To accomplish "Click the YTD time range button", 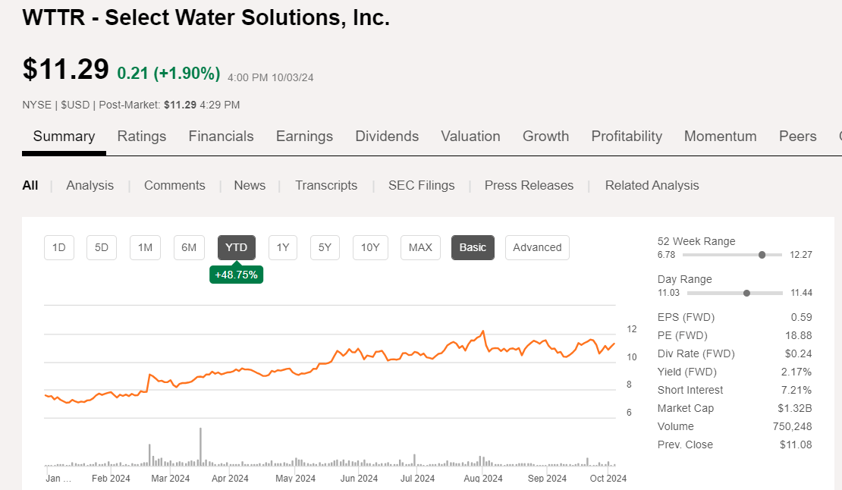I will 237,247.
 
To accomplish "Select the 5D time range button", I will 102,247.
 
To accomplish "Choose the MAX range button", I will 420,247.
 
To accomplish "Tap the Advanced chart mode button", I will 537,247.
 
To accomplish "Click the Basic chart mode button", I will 473,247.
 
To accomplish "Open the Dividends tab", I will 387,137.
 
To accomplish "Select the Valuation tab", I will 470,137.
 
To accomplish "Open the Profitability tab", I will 627,137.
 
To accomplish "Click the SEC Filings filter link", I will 421,185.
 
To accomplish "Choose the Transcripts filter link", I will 326,185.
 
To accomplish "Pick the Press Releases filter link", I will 529,185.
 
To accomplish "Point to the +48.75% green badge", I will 236,275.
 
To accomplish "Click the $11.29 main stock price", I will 66,69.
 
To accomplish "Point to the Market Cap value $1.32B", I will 796,408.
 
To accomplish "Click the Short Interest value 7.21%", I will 796,390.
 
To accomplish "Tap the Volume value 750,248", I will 792,426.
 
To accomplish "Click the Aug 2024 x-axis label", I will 482,479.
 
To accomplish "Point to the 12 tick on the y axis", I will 631,329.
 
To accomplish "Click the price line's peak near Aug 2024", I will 483,331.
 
